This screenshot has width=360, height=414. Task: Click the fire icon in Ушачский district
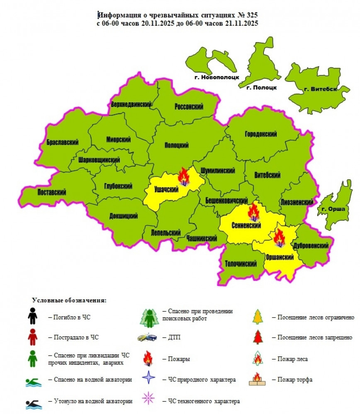pos(183,177)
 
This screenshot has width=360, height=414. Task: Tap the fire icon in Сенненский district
pos(253,212)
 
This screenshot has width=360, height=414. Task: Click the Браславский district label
pos(63,142)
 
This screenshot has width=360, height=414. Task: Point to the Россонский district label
pos(189,107)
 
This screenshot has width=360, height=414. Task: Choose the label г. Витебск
pos(320,89)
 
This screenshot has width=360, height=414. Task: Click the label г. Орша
pos(333,209)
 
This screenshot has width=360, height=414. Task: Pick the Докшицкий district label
pos(124,216)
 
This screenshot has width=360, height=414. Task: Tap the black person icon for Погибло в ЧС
pos(32,317)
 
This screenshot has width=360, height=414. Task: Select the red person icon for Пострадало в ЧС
pos(32,338)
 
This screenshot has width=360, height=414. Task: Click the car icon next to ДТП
pos(148,337)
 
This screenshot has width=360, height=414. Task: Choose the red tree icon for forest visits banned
pos(258,337)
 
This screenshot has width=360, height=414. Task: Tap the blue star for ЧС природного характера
pos(148,379)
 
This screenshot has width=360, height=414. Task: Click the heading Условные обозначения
pos(69,300)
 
